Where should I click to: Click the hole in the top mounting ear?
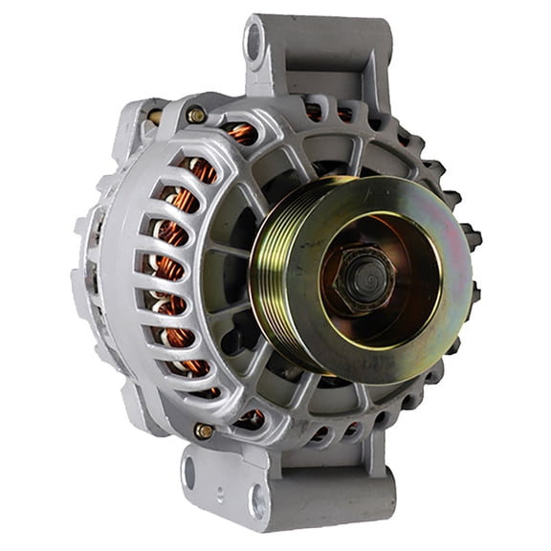(x=254, y=41)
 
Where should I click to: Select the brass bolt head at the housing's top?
(x=196, y=115)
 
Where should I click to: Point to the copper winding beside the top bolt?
(x=241, y=134)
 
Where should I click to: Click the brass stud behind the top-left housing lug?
(x=153, y=117)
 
